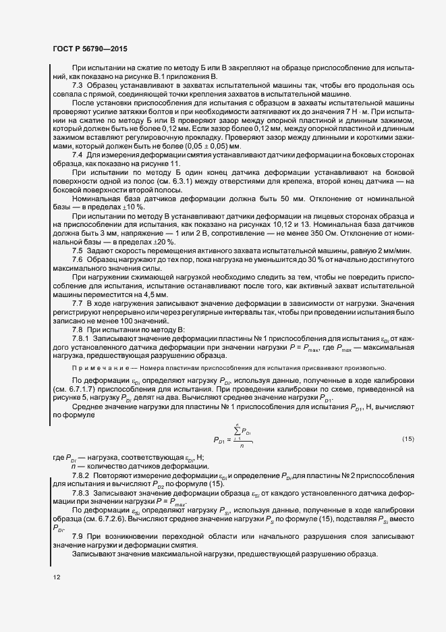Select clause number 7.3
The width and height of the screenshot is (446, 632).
pyautogui.click(x=76, y=86)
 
